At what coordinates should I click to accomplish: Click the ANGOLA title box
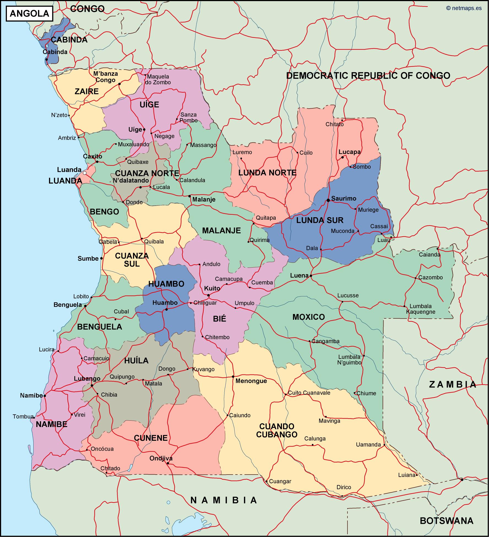pos(29,14)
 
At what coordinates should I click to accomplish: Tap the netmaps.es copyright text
pos(464,8)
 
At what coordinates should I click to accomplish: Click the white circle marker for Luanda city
pos(85,173)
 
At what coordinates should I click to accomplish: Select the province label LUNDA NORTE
pos(267,173)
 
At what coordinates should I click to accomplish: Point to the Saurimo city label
pos(344,198)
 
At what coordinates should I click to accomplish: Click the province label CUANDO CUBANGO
pos(277,430)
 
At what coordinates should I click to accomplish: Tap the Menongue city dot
pos(233,376)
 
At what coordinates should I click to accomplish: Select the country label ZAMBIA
pos(453,384)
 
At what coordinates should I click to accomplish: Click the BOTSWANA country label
pos(446,521)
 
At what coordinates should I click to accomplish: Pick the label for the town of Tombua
pos(23,417)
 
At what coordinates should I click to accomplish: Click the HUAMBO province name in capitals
pos(166,284)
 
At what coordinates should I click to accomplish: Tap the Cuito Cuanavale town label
pos(309,393)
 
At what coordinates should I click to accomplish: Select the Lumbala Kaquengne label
pos(421,309)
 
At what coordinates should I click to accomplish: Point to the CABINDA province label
pos(69,40)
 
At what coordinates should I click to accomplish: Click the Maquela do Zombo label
pos(159,79)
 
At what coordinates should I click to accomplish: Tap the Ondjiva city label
pos(161,458)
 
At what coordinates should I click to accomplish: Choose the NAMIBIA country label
pos(224,500)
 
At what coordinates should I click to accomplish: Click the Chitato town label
pos(335,124)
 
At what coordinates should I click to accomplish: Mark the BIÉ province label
pos(219,318)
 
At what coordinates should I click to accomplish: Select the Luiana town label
pos(407,475)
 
